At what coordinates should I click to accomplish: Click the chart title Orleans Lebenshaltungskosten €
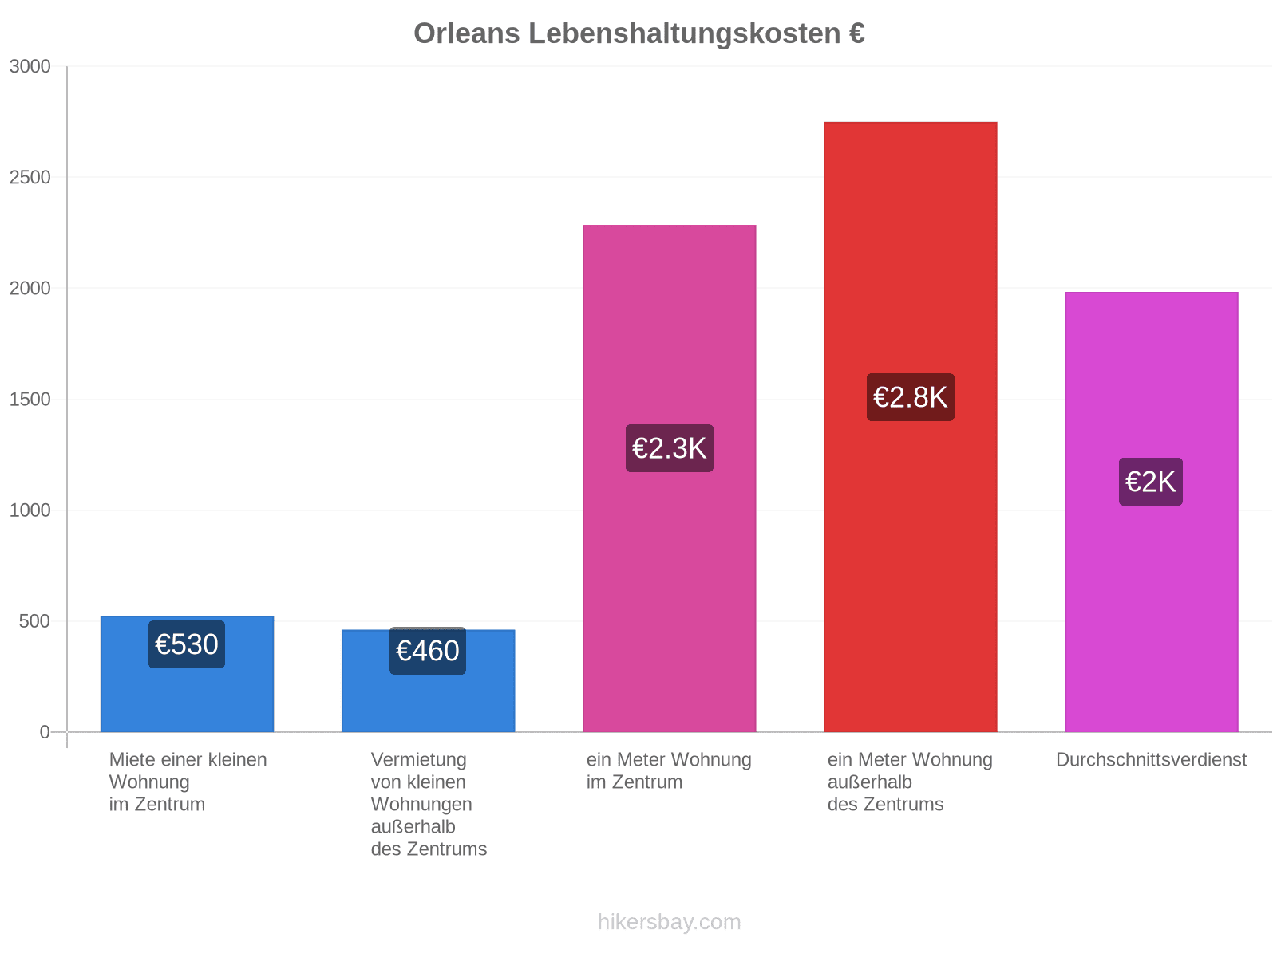(638, 33)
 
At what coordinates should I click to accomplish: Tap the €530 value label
(186, 644)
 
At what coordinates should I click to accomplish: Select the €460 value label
(427, 650)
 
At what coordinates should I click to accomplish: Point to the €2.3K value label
(669, 447)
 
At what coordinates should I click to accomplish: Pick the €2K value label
(1149, 481)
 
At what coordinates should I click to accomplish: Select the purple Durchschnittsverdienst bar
(1151, 511)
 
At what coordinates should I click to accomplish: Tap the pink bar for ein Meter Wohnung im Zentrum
(669, 478)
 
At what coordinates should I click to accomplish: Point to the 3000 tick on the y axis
(30, 66)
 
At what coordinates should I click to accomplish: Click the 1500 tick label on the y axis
(30, 400)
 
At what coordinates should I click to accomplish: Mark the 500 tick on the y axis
(34, 620)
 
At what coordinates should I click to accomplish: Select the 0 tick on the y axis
(45, 731)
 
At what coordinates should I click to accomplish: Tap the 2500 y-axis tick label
(30, 177)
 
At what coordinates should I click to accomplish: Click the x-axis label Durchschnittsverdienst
(1150, 759)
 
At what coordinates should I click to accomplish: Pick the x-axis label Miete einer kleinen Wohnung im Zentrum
(188, 782)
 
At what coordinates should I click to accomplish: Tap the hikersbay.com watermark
(669, 921)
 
